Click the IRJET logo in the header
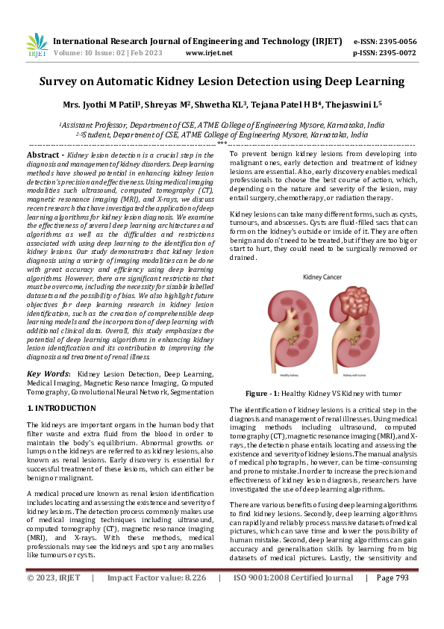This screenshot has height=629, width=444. tap(37, 46)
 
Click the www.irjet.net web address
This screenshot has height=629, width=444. tap(209, 53)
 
